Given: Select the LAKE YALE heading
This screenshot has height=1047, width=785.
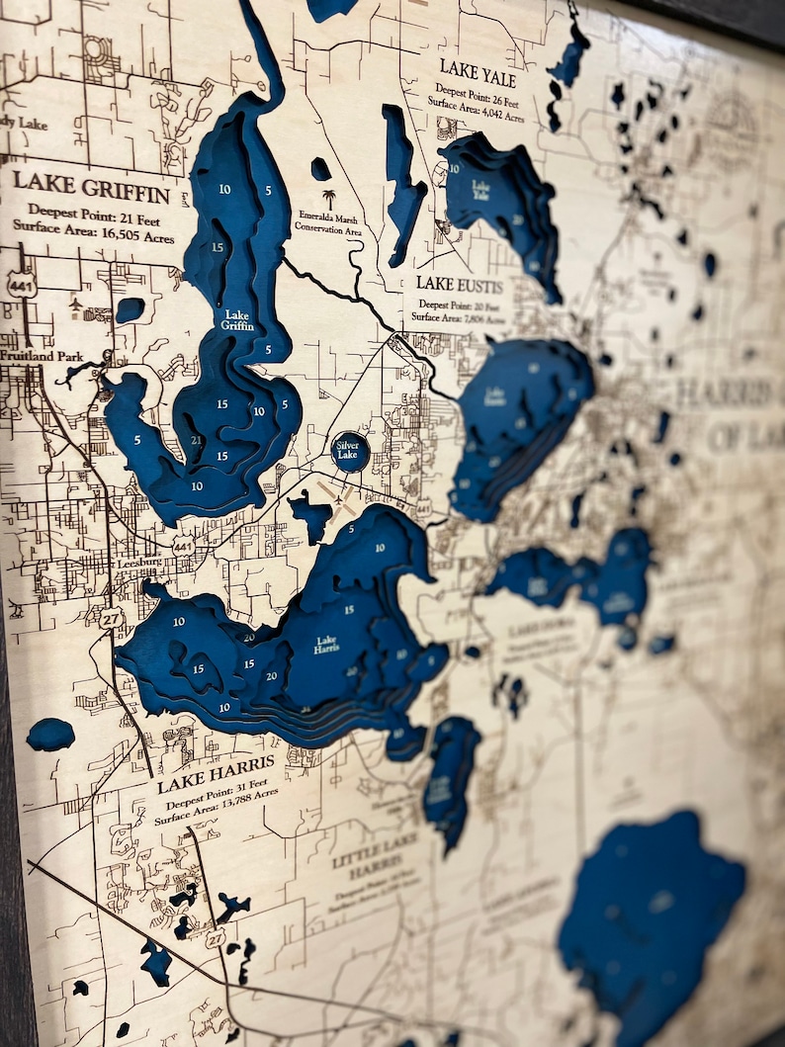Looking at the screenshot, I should (478, 72).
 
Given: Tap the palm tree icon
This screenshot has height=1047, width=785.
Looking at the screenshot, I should (328, 199).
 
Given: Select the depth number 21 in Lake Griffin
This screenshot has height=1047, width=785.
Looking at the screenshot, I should (196, 441).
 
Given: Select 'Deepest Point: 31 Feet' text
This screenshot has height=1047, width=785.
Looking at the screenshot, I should (216, 799).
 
